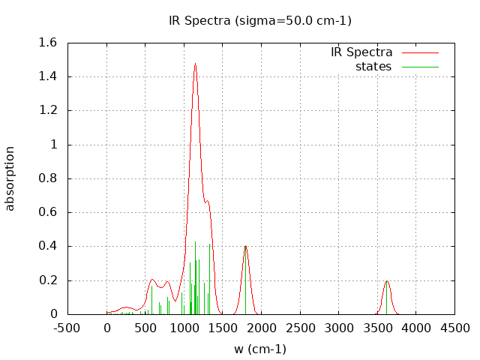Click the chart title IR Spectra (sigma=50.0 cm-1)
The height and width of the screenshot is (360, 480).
pyautogui.click(x=259, y=20)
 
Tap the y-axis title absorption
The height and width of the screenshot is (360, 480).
pyautogui.click(x=10, y=178)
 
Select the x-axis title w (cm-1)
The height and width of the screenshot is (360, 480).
pyautogui.click(x=260, y=349)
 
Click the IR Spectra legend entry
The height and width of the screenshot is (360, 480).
pyautogui.click(x=361, y=52)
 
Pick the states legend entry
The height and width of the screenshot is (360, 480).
pyautogui.click(x=373, y=67)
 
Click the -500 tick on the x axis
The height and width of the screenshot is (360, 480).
pyautogui.click(x=68, y=328)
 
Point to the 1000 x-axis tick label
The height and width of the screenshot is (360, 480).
pyautogui.click(x=184, y=328)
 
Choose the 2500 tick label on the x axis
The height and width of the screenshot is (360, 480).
pyautogui.click(x=301, y=328)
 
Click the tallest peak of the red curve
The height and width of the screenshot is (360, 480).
pyautogui.click(x=195, y=64)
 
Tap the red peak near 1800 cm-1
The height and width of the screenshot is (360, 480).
pyautogui.click(x=245, y=246)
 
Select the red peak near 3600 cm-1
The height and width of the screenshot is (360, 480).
pyautogui.click(x=387, y=281)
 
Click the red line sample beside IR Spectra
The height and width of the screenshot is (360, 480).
pyautogui.click(x=419, y=52)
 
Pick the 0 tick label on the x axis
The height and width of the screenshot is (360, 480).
pyautogui.click(x=107, y=328)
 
